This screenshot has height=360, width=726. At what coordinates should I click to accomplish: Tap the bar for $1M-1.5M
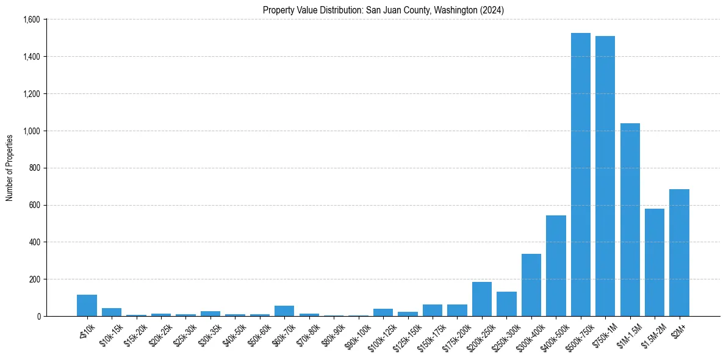630,220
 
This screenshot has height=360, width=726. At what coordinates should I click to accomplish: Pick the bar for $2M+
679,253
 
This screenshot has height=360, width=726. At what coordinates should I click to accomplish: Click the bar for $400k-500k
556,266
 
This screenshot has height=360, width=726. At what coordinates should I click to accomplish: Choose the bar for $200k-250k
482,299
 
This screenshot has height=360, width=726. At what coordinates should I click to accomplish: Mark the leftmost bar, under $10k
87,306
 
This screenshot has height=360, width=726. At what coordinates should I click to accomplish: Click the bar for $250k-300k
506,304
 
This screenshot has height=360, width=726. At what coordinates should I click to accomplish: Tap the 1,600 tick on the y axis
32,20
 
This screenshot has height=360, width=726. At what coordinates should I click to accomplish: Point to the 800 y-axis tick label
35,168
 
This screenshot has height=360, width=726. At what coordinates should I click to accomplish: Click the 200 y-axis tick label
35,279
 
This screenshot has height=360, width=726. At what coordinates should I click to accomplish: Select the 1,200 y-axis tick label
32,94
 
